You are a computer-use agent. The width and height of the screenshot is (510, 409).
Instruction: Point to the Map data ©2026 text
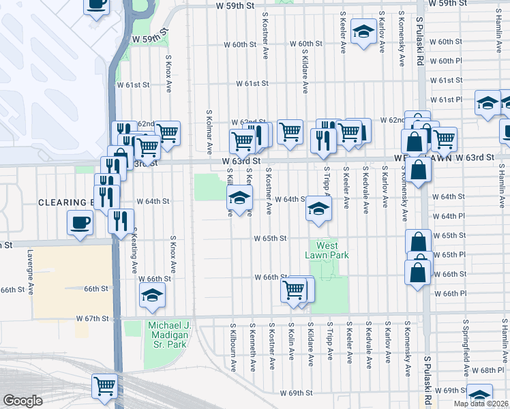coord(480,404)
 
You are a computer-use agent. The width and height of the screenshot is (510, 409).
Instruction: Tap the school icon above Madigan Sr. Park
coord(152,294)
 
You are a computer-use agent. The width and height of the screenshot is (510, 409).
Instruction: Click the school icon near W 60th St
coord(363,31)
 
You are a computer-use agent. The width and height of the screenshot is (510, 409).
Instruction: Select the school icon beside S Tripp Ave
coord(318,209)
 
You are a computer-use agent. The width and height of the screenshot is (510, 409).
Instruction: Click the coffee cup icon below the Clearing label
coord(80,222)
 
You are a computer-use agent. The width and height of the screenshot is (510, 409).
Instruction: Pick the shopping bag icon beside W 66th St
coord(417,271)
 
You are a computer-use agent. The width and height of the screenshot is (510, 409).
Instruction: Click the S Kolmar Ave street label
coord(209,133)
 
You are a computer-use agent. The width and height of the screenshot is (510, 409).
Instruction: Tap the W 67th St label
coord(93,318)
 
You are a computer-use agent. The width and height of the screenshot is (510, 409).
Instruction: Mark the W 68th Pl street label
coord(485,370)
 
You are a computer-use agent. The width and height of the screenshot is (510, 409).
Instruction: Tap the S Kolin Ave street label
coord(291,346)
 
